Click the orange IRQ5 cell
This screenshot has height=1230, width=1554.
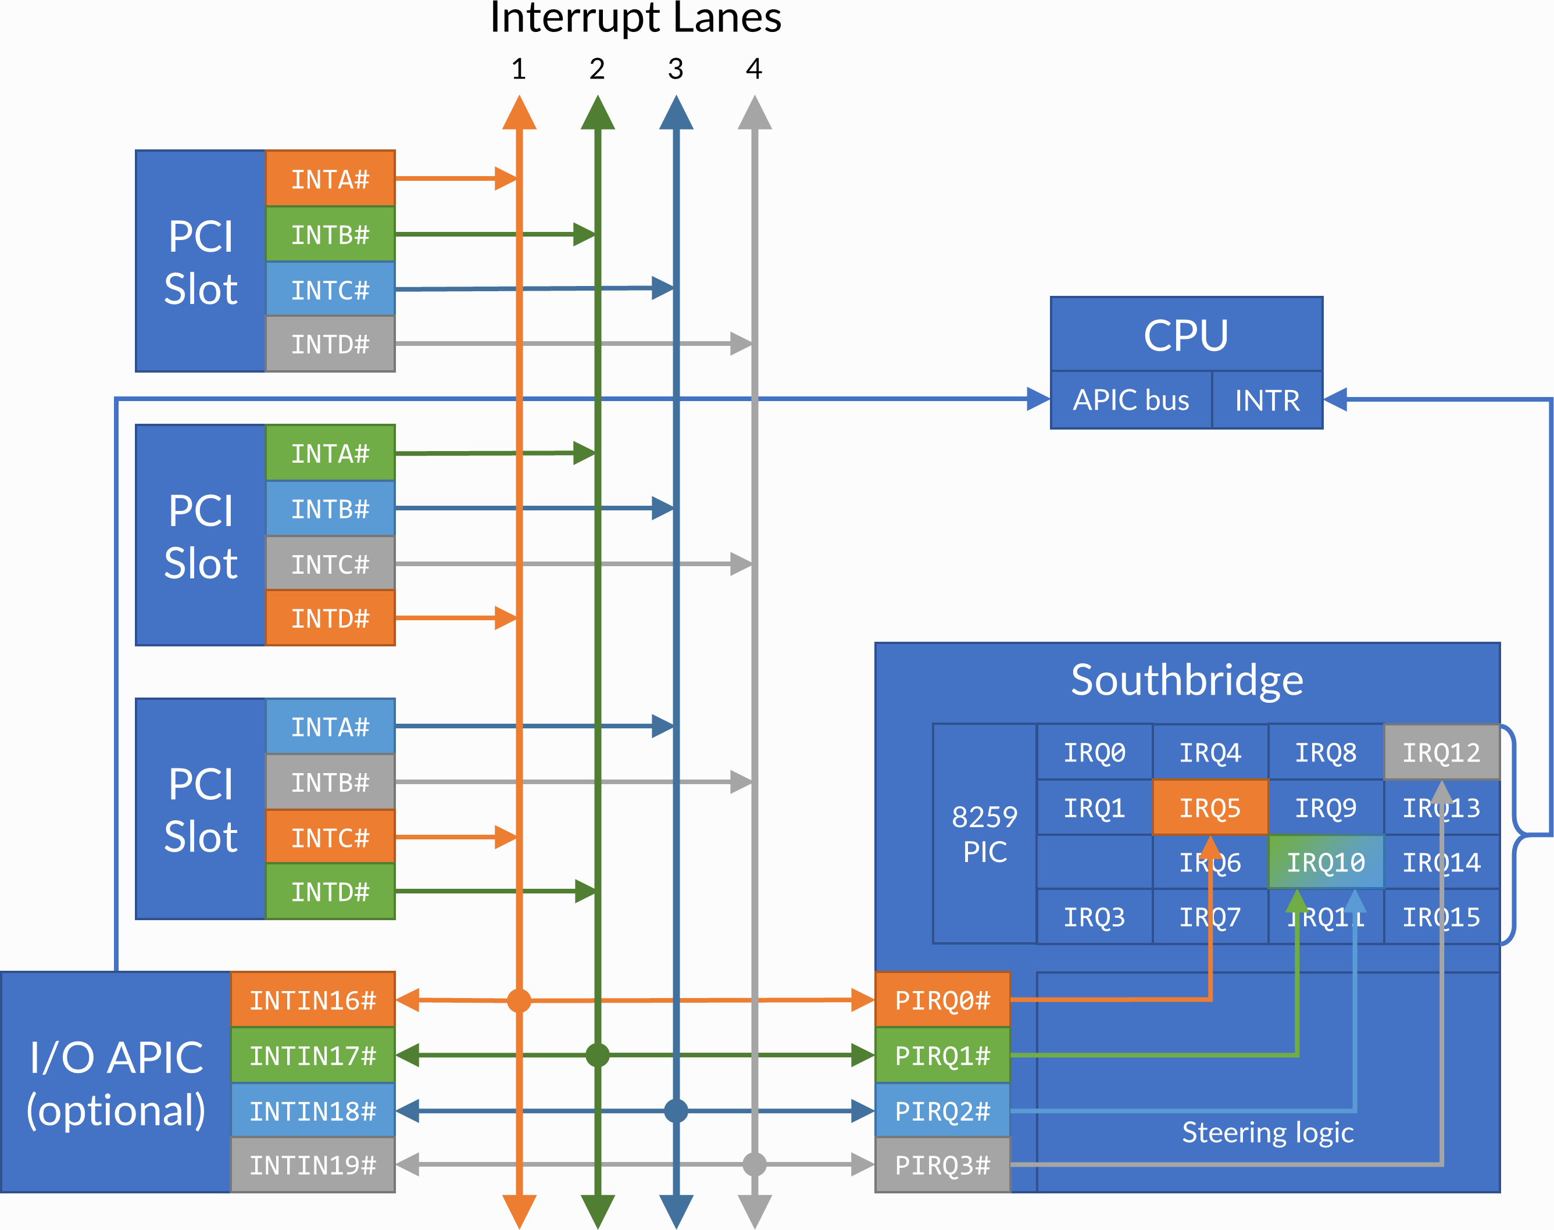pos(1210,807)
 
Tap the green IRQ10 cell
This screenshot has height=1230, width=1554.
pos(1325,862)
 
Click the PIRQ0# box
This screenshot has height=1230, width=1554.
pos(942,1000)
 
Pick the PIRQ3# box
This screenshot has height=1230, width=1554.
pos(942,1164)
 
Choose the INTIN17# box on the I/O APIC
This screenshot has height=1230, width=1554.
pos(313,1056)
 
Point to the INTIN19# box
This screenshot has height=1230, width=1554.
pos(313,1164)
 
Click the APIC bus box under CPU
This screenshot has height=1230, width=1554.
pos(1131,400)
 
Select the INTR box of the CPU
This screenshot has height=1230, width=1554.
pos(1267,400)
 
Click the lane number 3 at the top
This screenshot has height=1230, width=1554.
pos(676,69)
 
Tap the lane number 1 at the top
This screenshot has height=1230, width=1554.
pos(519,69)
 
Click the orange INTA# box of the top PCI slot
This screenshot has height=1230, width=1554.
pos(330,178)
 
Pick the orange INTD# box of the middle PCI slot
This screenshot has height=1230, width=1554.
pos(330,618)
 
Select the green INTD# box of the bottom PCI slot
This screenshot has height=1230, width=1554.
pos(330,892)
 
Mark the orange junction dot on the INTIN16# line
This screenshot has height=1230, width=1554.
pos(519,1000)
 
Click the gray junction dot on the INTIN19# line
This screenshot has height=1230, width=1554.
pos(754,1164)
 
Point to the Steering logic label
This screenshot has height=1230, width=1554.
pos(1267,1132)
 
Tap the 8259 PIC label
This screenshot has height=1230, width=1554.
pos(984,834)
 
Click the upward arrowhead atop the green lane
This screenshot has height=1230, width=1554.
pos(598,114)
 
